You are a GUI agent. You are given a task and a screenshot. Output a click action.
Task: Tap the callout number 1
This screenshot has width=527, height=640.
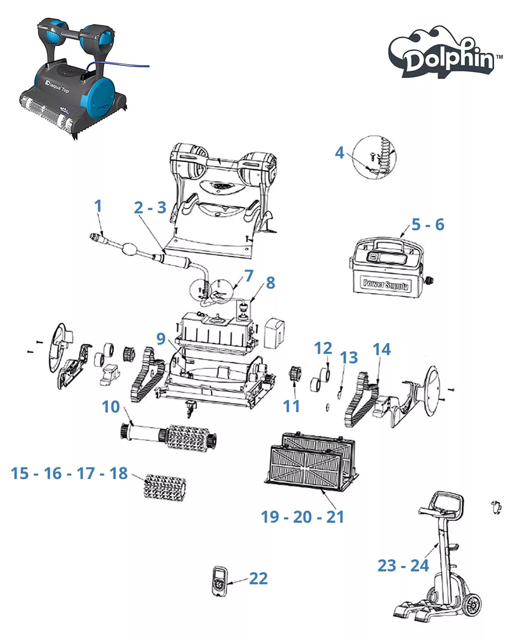[98, 206]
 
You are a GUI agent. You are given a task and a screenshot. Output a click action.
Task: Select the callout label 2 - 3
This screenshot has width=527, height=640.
[150, 208]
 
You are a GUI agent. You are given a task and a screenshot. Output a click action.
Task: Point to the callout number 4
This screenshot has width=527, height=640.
[340, 153]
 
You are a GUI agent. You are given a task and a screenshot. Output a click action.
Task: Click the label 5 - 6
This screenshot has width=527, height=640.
[428, 225]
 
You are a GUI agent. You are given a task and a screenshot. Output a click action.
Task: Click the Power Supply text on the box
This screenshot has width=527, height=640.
[385, 284]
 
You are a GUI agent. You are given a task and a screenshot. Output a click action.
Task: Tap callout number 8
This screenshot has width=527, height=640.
[271, 283]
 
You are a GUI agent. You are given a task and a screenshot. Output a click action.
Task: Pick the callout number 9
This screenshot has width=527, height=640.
[161, 339]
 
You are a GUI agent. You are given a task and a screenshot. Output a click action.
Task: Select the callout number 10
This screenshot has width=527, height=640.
[111, 407]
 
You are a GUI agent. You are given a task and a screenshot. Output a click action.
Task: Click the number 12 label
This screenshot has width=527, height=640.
[323, 348]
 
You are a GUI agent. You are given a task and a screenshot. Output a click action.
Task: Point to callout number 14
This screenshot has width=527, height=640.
[382, 349]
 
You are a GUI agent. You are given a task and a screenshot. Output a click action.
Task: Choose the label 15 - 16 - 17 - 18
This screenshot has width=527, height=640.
[69, 473]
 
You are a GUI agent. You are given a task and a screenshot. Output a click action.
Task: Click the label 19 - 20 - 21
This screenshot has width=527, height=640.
[303, 517]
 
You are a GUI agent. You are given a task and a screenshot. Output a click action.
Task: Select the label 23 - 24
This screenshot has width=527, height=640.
[403, 566]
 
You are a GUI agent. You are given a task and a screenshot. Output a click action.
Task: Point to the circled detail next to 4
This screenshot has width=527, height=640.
[374, 157]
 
